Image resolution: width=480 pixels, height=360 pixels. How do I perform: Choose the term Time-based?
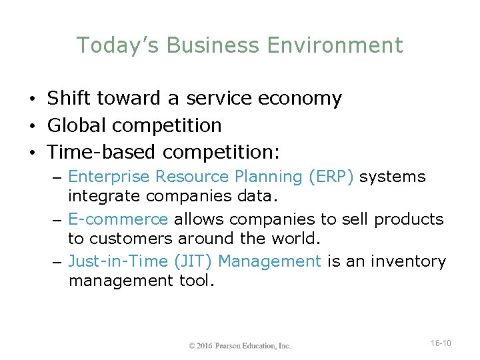(x=101, y=152)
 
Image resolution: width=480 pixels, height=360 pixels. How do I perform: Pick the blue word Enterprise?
(x=109, y=177)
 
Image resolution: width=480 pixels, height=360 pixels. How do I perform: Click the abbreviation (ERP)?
(x=331, y=177)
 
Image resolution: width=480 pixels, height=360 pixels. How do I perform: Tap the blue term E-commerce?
(x=119, y=219)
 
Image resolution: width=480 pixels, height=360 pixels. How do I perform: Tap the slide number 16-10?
(x=441, y=343)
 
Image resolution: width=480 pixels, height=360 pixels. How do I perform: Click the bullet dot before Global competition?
(x=33, y=126)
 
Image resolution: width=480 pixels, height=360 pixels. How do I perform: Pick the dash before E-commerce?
(x=59, y=220)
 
